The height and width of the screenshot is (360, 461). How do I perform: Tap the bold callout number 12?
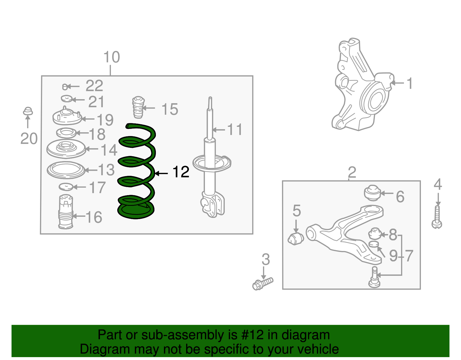point(181,172)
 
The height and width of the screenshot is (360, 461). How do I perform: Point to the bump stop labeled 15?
point(138,107)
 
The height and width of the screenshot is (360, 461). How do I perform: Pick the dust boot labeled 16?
point(66,212)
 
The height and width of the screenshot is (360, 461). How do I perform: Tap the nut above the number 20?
point(28,111)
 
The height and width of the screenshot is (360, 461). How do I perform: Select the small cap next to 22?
point(65,86)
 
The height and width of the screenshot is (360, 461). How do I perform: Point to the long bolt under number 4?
point(437,218)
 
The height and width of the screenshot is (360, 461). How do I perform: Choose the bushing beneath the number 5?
point(296,238)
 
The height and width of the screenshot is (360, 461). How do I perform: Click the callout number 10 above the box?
point(112,57)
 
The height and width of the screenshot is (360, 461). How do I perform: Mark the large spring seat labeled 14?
point(66,149)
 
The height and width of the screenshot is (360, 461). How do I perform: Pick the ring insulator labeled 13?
point(66,170)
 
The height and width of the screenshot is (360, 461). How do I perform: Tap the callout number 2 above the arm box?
point(352,172)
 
